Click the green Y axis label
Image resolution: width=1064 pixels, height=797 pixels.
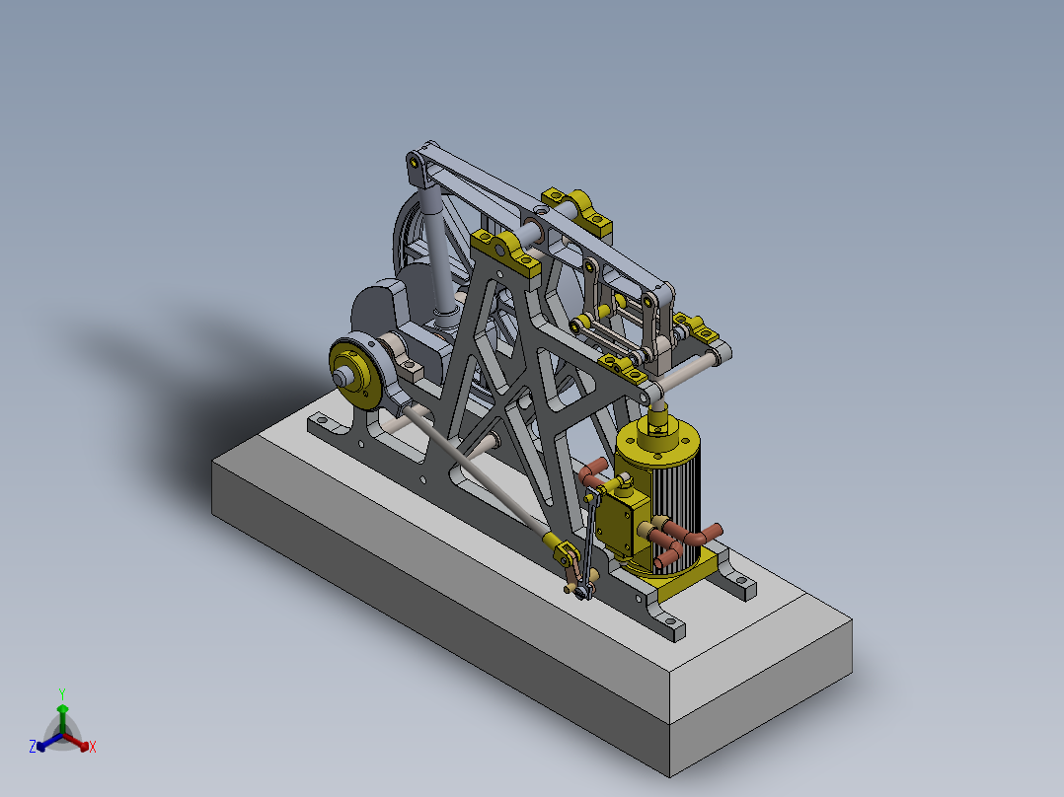click(62, 692)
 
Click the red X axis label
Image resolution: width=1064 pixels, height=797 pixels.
click(93, 747)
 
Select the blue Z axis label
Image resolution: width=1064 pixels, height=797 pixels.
click(33, 748)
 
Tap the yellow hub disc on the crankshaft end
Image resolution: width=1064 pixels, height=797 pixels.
click(353, 372)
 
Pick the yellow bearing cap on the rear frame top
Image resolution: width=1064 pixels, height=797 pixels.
click(577, 209)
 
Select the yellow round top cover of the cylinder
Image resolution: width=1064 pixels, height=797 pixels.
click(657, 442)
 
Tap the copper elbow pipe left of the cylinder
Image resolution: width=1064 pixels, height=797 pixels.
click(594, 474)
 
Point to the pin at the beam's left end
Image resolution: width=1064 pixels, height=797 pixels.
click(417, 161)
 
